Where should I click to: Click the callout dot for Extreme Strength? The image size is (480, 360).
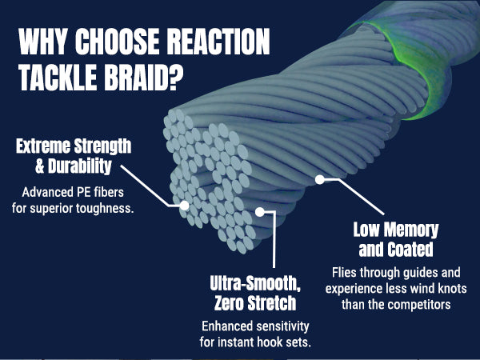184,205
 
